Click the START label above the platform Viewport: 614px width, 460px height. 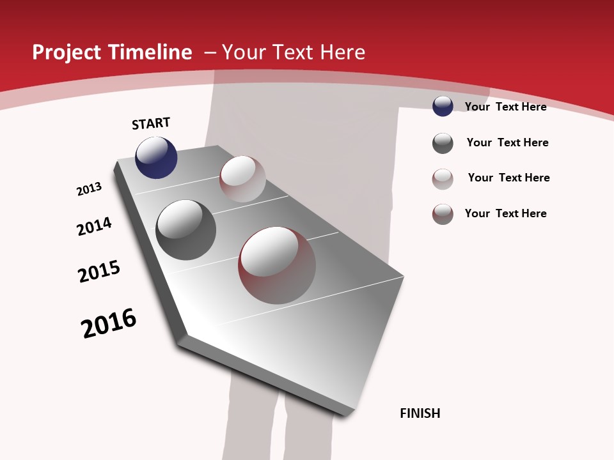(x=151, y=123)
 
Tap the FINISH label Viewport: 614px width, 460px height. (x=420, y=413)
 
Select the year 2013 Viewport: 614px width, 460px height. (x=90, y=189)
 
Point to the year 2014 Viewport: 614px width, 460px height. (x=95, y=226)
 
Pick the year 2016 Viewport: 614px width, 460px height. (x=109, y=323)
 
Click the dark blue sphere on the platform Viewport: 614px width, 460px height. (x=156, y=158)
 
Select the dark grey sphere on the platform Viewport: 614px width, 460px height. (x=186, y=230)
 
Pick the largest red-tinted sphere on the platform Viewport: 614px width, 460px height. (x=277, y=265)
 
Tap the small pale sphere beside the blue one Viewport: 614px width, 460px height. (x=242, y=179)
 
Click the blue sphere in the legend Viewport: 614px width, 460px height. (x=443, y=106)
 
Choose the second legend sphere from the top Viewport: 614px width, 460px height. (x=443, y=143)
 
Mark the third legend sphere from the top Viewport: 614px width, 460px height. (x=443, y=179)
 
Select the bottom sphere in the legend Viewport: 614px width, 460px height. (x=443, y=214)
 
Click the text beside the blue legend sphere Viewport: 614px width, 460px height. (x=505, y=107)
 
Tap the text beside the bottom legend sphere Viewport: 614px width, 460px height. (x=505, y=213)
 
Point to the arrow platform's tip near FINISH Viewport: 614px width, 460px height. (x=349, y=412)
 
